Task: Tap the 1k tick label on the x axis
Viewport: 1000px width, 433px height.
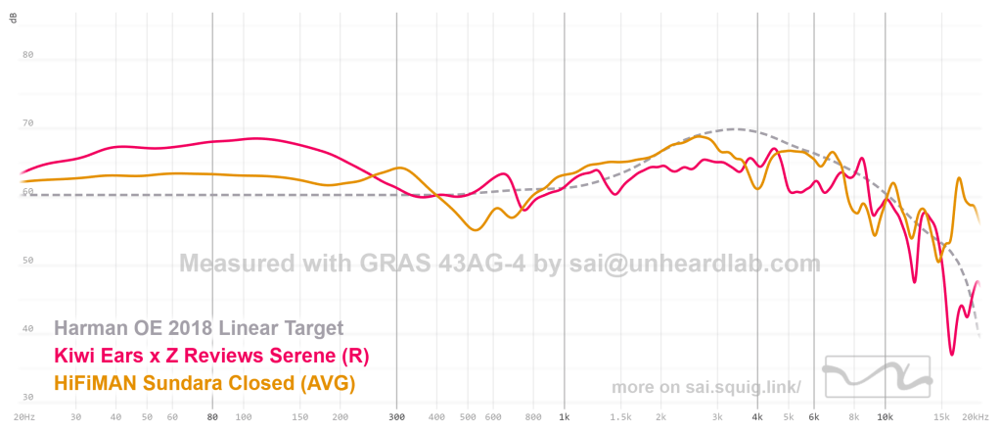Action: tap(564, 416)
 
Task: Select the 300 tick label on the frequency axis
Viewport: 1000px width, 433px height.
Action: tap(396, 416)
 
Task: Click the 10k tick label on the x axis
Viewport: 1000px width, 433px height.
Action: tap(885, 416)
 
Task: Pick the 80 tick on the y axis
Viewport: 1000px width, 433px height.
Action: tap(28, 55)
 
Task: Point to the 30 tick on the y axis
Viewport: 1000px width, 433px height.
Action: tap(28, 398)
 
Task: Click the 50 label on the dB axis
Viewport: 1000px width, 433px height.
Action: tap(28, 261)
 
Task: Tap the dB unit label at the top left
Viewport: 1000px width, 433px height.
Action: tap(14, 21)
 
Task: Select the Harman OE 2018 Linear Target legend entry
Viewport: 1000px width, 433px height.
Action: tap(199, 327)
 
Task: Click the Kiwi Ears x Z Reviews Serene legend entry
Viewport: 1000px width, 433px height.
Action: tap(211, 354)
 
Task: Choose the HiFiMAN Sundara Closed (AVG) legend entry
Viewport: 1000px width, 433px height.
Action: tap(204, 381)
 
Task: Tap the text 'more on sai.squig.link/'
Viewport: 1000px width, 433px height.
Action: tap(706, 387)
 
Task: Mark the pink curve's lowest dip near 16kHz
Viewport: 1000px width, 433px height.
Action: tap(951, 354)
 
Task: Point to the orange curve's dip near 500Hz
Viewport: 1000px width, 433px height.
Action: tap(476, 230)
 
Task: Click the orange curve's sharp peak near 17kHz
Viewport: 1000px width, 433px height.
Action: tap(959, 178)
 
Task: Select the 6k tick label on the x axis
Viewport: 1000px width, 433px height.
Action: tap(813, 416)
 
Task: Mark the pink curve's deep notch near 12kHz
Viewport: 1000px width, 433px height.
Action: tap(915, 282)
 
